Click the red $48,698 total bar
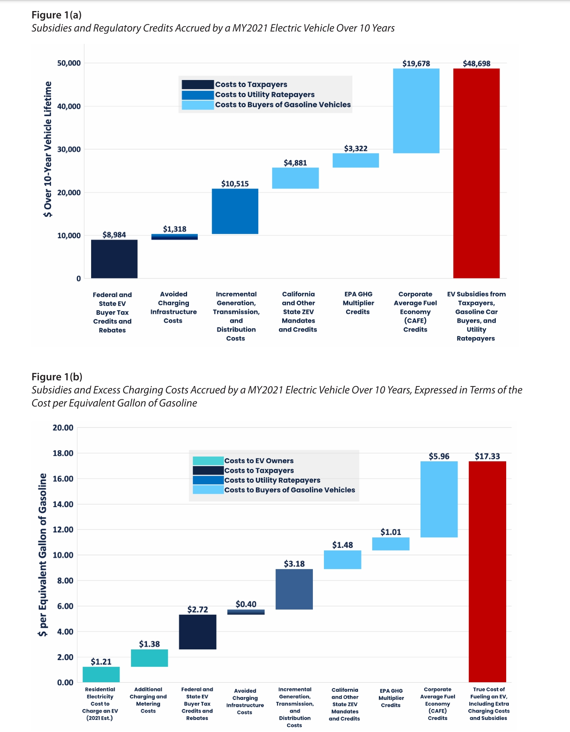tap(476, 173)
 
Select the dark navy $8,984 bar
tap(114, 259)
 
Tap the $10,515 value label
tap(235, 184)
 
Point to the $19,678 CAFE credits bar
tap(416, 111)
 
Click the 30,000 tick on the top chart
tap(69, 149)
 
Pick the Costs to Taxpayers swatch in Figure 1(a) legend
tap(198, 84)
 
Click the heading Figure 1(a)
tap(56, 15)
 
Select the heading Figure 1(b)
tap(57, 377)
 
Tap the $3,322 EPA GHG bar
tap(356, 160)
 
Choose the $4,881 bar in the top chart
tap(295, 178)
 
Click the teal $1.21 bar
tap(101, 674)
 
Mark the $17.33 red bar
tap(487, 571)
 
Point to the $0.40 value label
tap(246, 604)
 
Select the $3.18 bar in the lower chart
tap(294, 589)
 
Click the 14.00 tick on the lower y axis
tap(63, 504)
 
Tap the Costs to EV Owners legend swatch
tap(208, 461)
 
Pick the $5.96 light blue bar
tap(439, 499)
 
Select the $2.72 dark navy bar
tap(197, 632)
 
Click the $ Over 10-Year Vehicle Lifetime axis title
tap(48, 149)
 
